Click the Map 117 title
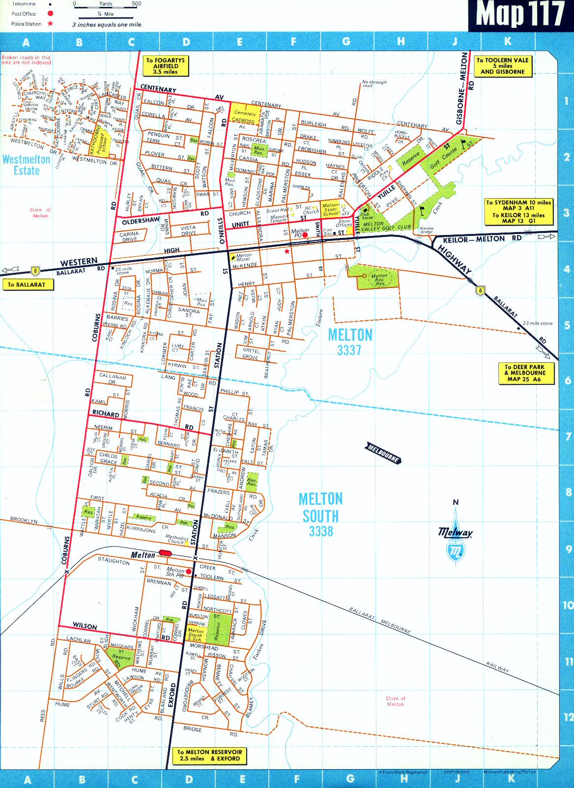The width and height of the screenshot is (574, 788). point(520,15)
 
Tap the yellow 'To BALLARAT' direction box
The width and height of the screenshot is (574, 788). point(27,285)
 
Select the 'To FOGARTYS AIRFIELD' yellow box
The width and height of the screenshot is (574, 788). point(166,66)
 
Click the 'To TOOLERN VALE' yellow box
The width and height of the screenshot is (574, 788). point(502,66)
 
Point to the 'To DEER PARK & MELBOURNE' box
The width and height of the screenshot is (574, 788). point(524,373)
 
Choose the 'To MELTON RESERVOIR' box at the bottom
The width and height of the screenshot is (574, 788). point(209,755)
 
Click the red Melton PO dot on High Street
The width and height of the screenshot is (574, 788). point(305,235)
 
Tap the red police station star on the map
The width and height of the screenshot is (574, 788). point(287,251)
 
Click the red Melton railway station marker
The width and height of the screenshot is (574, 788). point(165,553)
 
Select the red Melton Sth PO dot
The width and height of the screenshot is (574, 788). point(189,571)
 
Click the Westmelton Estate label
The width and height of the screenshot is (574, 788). point(27,165)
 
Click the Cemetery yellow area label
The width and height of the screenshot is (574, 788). point(244,114)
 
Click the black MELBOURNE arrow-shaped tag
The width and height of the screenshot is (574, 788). point(384,453)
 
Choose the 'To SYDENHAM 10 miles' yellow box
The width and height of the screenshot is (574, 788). point(518,211)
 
